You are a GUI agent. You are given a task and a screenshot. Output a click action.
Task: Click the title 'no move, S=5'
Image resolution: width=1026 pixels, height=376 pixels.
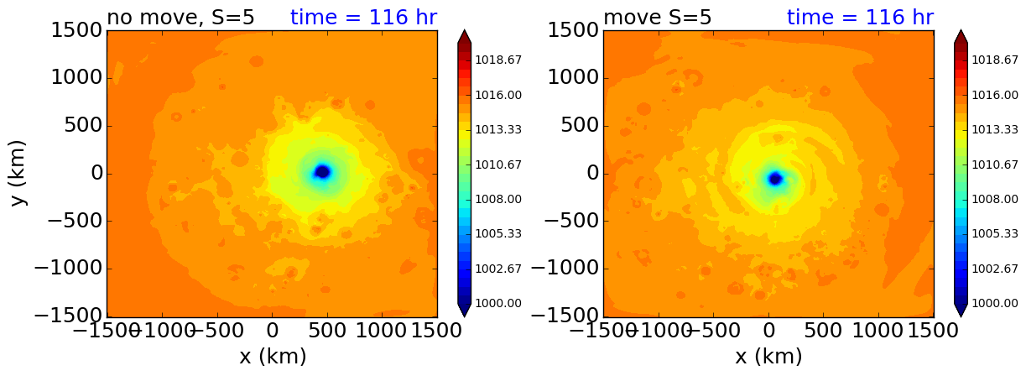180,18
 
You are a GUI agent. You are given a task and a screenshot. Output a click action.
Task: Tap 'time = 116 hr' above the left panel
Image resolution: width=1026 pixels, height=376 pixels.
363,18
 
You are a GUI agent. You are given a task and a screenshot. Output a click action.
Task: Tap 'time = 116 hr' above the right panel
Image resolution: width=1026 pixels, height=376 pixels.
860,18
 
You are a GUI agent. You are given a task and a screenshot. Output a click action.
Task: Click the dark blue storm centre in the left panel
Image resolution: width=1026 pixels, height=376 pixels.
322,172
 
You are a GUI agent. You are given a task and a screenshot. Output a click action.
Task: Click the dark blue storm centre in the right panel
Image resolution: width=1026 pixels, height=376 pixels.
775,178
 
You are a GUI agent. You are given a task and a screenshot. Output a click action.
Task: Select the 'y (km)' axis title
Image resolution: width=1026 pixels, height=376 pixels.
18,173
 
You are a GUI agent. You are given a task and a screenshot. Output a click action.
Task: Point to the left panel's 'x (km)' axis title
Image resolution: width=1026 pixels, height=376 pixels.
273,357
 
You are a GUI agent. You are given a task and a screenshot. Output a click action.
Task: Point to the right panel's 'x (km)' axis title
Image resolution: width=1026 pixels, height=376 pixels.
769,357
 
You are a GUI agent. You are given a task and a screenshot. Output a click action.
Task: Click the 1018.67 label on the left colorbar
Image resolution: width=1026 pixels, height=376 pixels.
498,60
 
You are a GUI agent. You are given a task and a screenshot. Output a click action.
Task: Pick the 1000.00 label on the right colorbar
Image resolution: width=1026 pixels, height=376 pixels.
995,303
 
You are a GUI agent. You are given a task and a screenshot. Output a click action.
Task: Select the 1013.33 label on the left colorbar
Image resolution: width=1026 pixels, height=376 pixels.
498,129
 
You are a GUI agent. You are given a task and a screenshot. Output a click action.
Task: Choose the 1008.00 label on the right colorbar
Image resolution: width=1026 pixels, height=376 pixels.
995,199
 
